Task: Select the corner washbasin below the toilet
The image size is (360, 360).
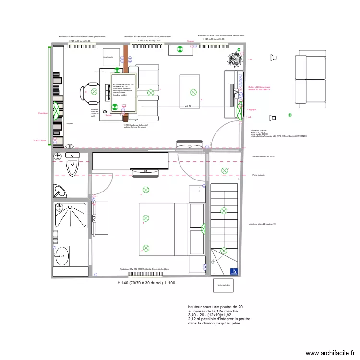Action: (x=60, y=191)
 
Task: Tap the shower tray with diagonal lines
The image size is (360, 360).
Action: (x=71, y=215)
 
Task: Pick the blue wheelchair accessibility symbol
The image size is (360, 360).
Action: (x=234, y=271)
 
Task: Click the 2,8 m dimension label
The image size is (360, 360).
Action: (x=188, y=106)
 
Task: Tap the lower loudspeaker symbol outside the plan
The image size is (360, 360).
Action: (x=273, y=117)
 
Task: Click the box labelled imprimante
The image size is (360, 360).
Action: (x=111, y=57)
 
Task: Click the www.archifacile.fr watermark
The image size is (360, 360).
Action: (x=330, y=352)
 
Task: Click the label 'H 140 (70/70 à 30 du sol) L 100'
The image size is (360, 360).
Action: (x=146, y=283)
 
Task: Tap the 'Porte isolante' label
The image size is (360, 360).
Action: (x=259, y=175)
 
